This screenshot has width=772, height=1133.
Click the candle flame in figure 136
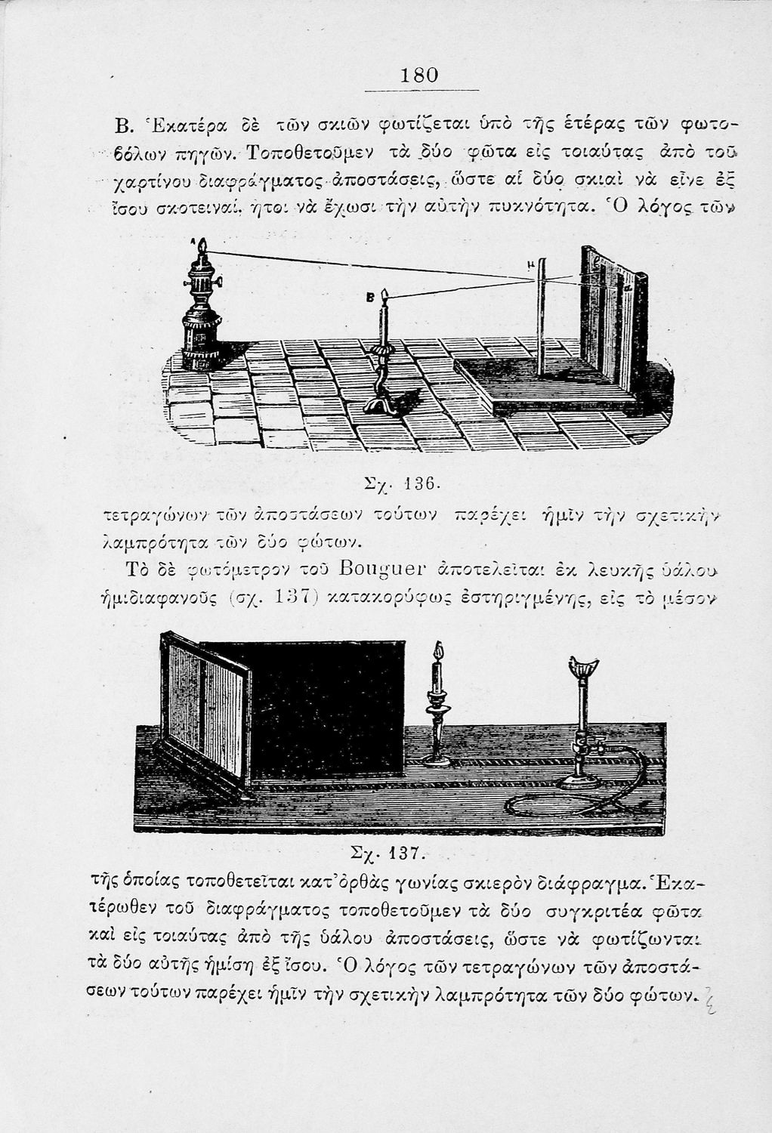384,293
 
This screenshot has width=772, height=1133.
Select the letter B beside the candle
370,298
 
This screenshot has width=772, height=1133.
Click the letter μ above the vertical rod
532,265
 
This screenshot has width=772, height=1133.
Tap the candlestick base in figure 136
384,405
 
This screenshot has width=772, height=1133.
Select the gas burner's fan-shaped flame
582,668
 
